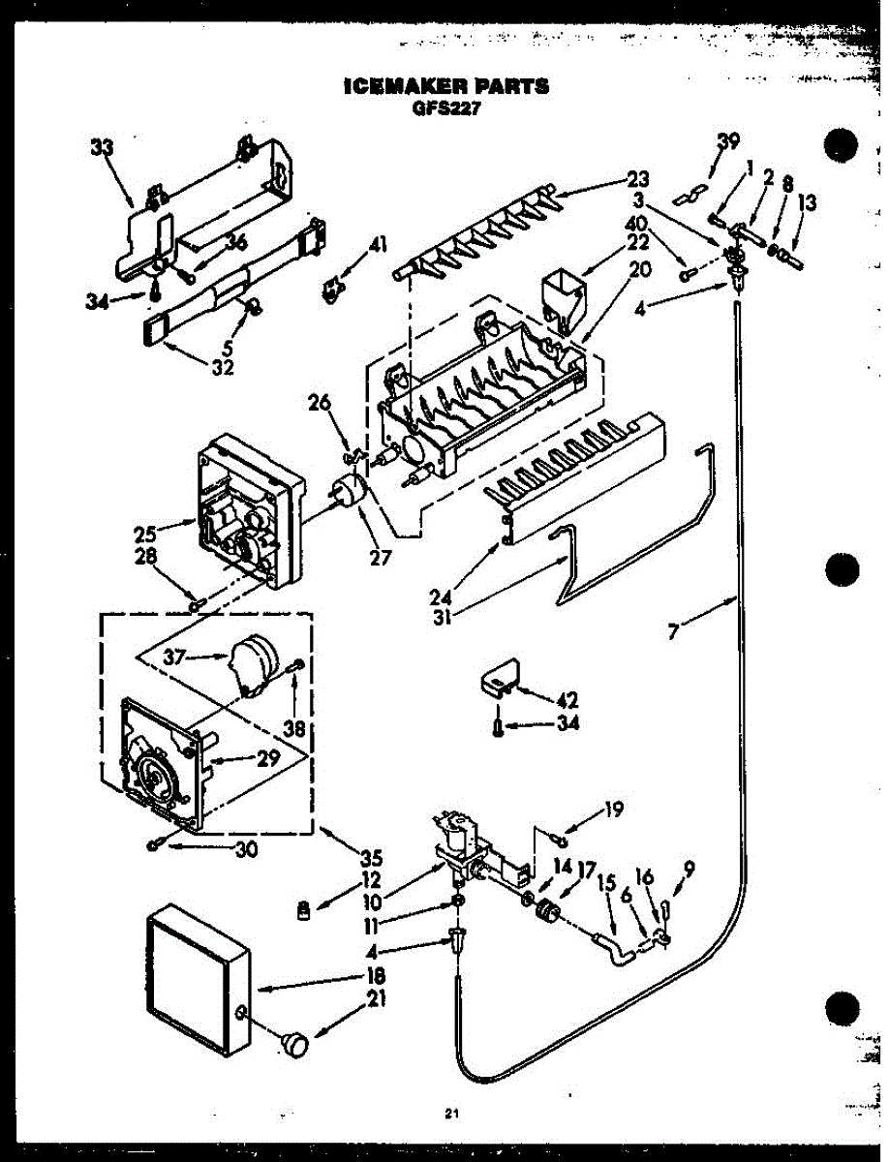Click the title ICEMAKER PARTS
445,86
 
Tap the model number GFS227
445,107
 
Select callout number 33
102,147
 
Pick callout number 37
175,657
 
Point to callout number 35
372,856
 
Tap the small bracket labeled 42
499,679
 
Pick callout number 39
726,142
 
